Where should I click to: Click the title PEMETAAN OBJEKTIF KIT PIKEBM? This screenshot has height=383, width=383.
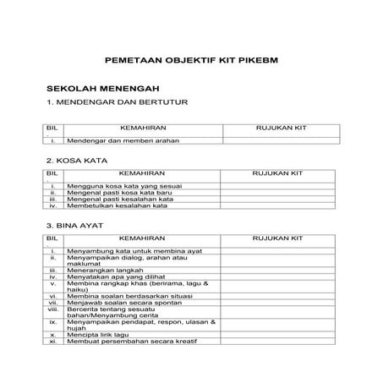point(190,62)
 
